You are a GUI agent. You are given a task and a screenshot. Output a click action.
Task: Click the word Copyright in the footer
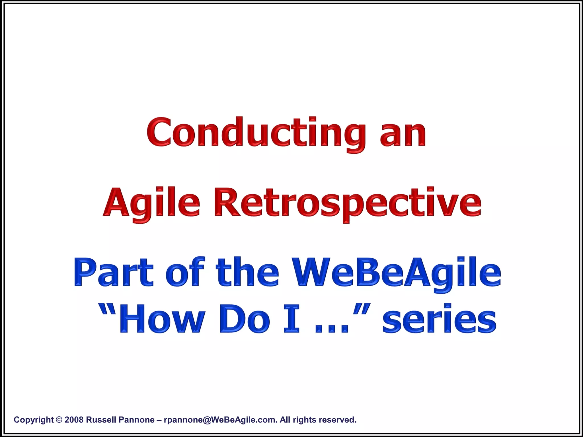34,420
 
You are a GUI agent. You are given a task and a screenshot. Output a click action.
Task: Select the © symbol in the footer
59,420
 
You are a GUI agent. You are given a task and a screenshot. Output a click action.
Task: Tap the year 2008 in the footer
74,420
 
